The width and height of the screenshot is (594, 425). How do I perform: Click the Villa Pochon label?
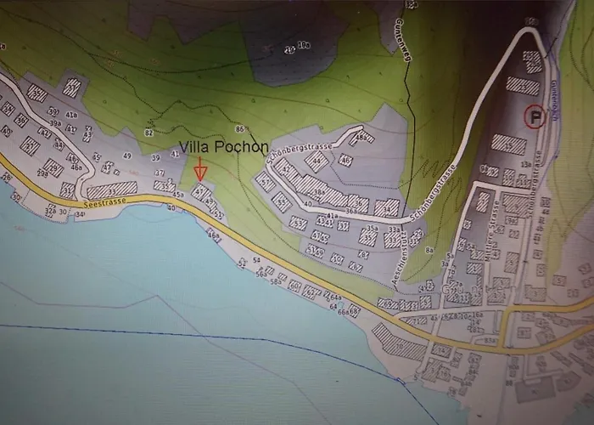(223, 147)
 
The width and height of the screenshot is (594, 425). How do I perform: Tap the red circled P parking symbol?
(534, 116)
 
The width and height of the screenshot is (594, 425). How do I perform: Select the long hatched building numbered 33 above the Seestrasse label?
(111, 190)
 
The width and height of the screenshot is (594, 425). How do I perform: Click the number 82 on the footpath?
(149, 133)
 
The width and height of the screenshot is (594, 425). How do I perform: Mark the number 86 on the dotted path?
(240, 129)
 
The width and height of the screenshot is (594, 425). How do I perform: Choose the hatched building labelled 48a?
(362, 138)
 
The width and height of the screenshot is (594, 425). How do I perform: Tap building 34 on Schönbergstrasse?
(388, 207)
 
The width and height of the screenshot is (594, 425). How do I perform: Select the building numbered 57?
(266, 182)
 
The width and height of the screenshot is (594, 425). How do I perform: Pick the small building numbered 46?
(345, 160)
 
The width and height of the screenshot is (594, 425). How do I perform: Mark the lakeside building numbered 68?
(354, 309)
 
